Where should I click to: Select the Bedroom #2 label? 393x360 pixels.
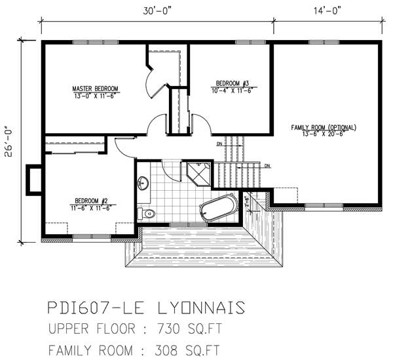91,201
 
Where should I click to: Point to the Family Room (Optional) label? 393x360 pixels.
327,127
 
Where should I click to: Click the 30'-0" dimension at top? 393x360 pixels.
157,10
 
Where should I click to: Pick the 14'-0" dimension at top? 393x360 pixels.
326,10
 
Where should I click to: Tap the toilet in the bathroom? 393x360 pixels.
147,212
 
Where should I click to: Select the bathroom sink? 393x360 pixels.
143,183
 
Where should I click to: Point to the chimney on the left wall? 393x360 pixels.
33,180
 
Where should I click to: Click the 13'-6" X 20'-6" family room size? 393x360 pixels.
327,134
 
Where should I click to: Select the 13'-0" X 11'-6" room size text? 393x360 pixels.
95,96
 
